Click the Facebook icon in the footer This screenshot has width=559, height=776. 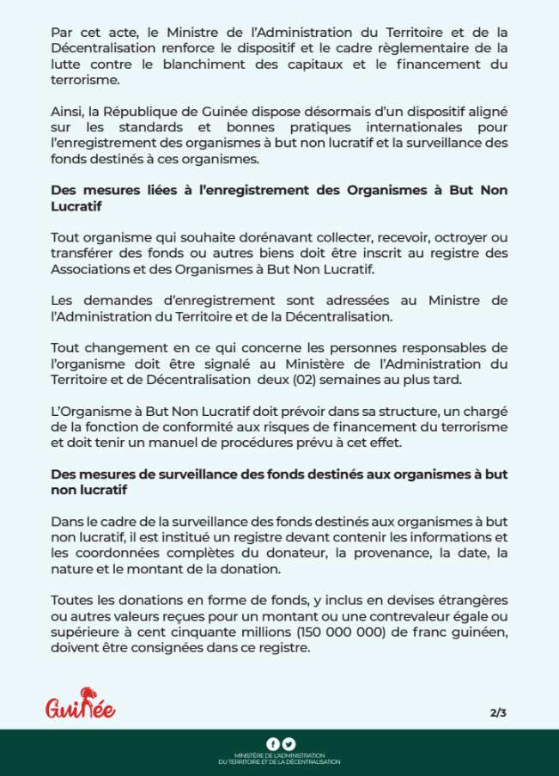(x=273, y=744)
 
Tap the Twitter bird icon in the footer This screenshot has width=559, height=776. (x=289, y=744)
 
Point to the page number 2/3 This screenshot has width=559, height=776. (x=498, y=712)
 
